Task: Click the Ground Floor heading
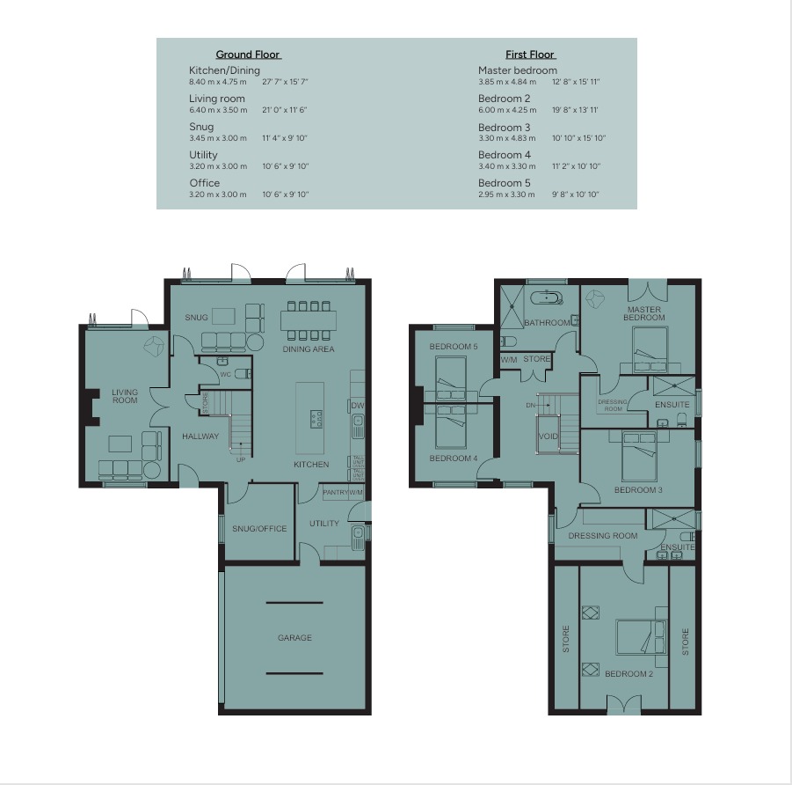pyautogui.click(x=249, y=55)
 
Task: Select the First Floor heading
pyautogui.click(x=529, y=55)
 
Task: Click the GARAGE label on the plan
pyautogui.click(x=294, y=638)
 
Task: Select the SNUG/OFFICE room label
pyautogui.click(x=259, y=529)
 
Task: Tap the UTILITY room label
pyautogui.click(x=323, y=524)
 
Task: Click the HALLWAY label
pyautogui.click(x=200, y=437)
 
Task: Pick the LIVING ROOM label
pyautogui.click(x=125, y=396)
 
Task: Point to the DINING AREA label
pyautogui.click(x=308, y=349)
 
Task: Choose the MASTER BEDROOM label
pyautogui.click(x=644, y=313)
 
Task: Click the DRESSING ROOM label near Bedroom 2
pyautogui.click(x=602, y=536)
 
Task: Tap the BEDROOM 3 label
pyautogui.click(x=638, y=490)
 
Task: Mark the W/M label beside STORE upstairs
pyautogui.click(x=509, y=359)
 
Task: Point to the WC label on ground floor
pyautogui.click(x=225, y=375)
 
